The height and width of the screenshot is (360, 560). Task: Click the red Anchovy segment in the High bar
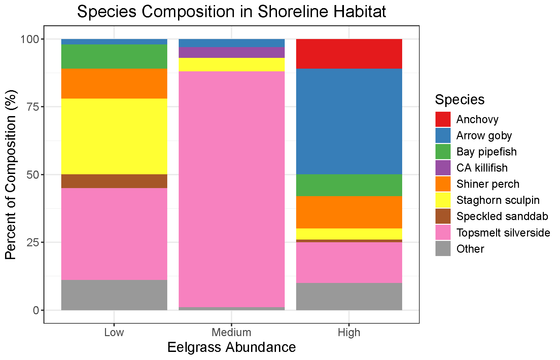pos(349,54)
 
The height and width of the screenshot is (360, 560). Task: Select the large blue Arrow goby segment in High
pos(349,121)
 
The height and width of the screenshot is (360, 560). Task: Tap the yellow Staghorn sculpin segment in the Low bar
pos(114,136)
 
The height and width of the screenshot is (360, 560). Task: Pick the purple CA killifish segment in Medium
pos(232,52)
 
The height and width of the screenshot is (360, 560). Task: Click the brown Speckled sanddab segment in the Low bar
pos(114,181)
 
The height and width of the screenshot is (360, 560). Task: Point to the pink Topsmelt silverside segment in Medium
pos(232,188)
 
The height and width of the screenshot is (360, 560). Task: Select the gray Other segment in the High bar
pos(349,296)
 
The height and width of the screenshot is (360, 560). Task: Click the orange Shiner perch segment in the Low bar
pos(114,83)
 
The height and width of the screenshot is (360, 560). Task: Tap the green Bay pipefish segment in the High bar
pos(349,185)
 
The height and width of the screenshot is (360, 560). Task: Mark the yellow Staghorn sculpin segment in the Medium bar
pos(232,65)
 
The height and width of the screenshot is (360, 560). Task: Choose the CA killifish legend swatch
pos(443,168)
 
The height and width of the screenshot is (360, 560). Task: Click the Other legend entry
pos(470,249)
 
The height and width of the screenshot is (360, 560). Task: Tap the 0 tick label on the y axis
pos(36,310)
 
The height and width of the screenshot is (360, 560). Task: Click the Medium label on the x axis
pos(232,332)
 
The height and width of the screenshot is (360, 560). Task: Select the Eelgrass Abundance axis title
pos(232,347)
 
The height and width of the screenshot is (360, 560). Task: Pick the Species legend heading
pos(459,100)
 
